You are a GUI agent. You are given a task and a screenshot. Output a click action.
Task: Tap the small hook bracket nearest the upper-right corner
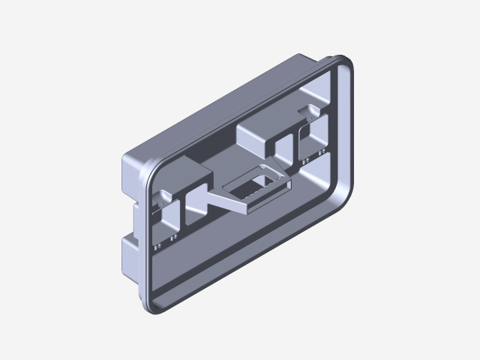click(309, 112)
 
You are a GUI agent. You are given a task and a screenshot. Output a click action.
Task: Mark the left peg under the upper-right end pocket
click(303, 159)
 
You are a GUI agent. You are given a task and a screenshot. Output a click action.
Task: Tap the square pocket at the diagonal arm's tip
click(196, 207)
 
